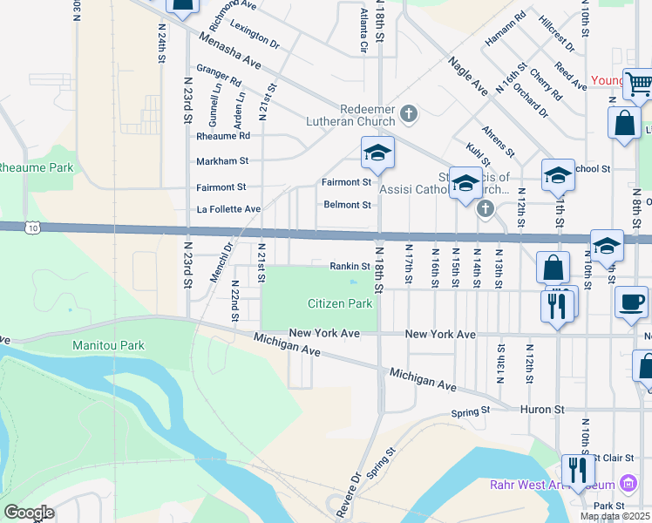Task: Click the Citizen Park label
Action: pos(340,303)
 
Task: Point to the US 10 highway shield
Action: pos(31,228)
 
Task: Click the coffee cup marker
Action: pos(632,302)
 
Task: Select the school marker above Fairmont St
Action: pos(377,153)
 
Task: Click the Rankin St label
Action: pos(351,266)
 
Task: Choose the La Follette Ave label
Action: pos(228,209)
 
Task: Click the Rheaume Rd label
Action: pos(223,136)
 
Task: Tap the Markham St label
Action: pos(222,161)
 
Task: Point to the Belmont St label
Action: pos(348,205)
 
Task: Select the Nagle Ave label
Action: pos(468,76)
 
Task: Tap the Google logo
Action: pos(28,513)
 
